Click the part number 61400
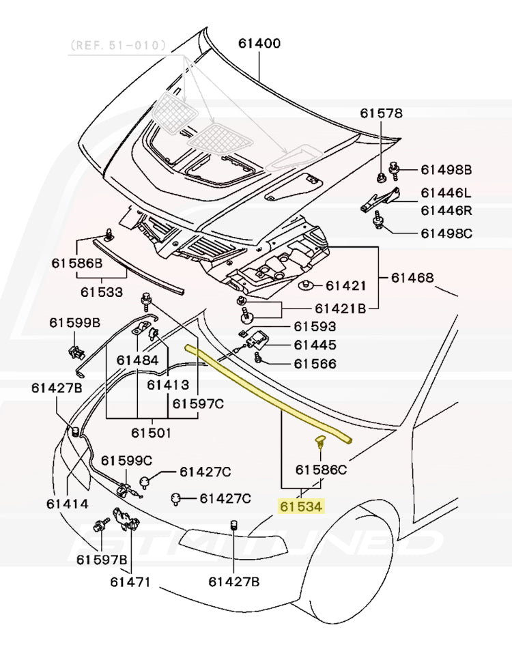[x=259, y=44]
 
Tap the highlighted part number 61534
[x=301, y=506]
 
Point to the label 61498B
[x=446, y=169]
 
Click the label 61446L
[x=445, y=193]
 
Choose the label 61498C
[x=446, y=233]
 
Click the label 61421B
[x=341, y=309]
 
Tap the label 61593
[x=315, y=328]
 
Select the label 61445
[x=315, y=345]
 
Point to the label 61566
[x=315, y=364]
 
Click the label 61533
[x=102, y=292]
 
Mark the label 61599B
[x=74, y=322]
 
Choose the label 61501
[x=151, y=432]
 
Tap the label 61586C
[x=321, y=470]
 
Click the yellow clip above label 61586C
[x=319, y=444]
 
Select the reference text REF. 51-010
[x=117, y=46]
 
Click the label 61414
[x=68, y=504]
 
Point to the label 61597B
[x=102, y=560]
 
